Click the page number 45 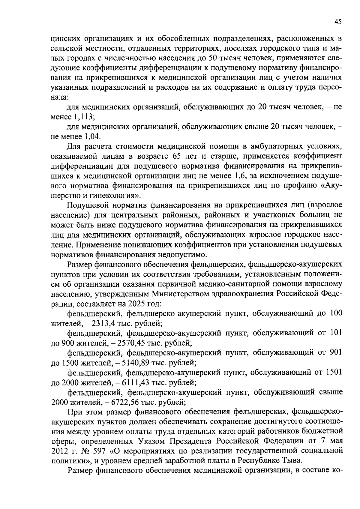click(x=337, y=22)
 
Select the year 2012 click(x=61, y=451)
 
